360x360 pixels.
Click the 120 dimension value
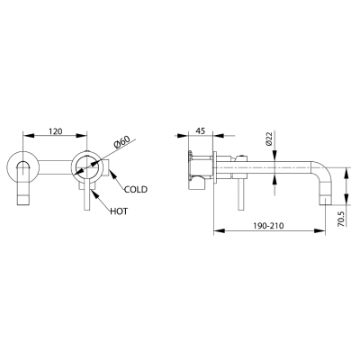pos(56,131)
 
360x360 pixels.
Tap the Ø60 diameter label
pos(122,141)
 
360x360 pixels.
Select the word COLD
pos(136,189)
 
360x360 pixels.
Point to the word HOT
pos(119,211)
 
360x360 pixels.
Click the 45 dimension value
pos(200,130)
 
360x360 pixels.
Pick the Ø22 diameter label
pos(268,139)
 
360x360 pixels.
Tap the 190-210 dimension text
pos(269,226)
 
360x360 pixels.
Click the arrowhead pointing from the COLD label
pos(112,174)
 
